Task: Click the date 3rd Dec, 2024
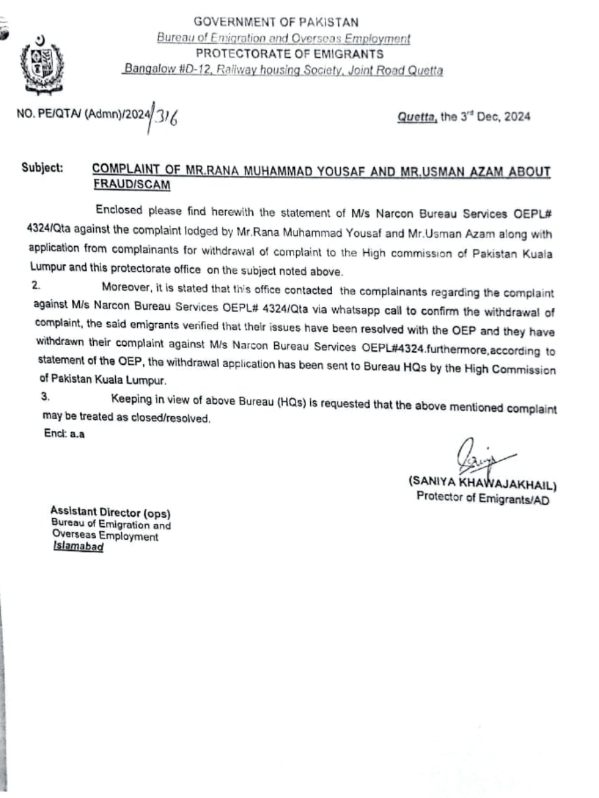(x=487, y=117)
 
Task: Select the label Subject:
(x=42, y=168)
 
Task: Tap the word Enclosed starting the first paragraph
(x=119, y=210)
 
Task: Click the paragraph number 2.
(x=37, y=287)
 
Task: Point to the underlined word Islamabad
(x=78, y=549)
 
